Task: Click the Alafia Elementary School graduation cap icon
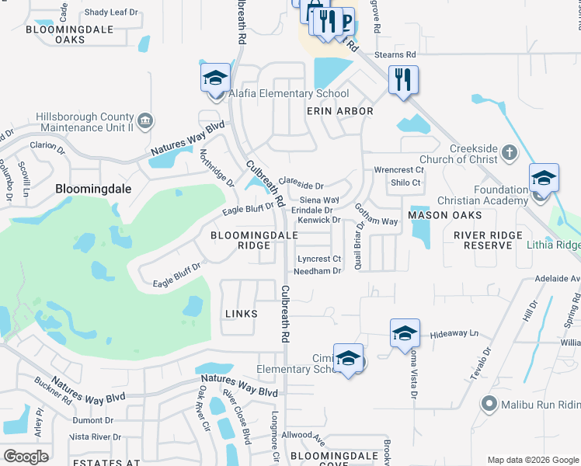click(x=216, y=78)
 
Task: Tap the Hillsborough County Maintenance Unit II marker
click(x=144, y=120)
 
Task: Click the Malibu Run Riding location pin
click(x=489, y=402)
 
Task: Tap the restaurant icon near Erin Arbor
click(x=403, y=79)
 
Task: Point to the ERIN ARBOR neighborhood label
click(x=339, y=111)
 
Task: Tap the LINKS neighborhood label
click(x=240, y=314)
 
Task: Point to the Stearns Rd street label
click(x=395, y=55)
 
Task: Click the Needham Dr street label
click(x=317, y=271)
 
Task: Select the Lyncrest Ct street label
click(x=319, y=259)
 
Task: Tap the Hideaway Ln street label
click(x=454, y=332)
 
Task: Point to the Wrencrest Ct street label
click(x=398, y=169)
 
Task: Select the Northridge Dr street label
click(x=217, y=168)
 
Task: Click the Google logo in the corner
click(x=26, y=457)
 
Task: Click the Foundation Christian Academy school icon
click(x=544, y=178)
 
